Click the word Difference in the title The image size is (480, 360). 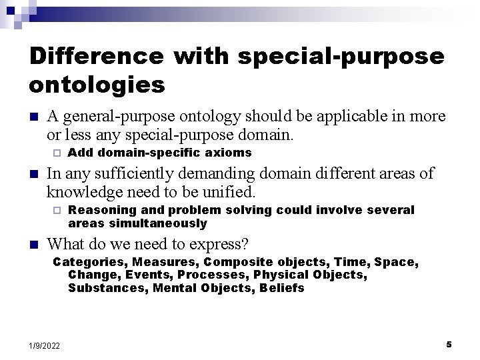coord(95,56)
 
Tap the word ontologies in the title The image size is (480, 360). coord(97,85)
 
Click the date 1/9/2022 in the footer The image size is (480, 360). coord(44,345)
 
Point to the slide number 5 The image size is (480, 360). coord(449,344)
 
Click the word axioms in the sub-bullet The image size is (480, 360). coord(229,153)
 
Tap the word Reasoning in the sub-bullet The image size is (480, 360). coord(99,210)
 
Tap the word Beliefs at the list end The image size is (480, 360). coord(282,288)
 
